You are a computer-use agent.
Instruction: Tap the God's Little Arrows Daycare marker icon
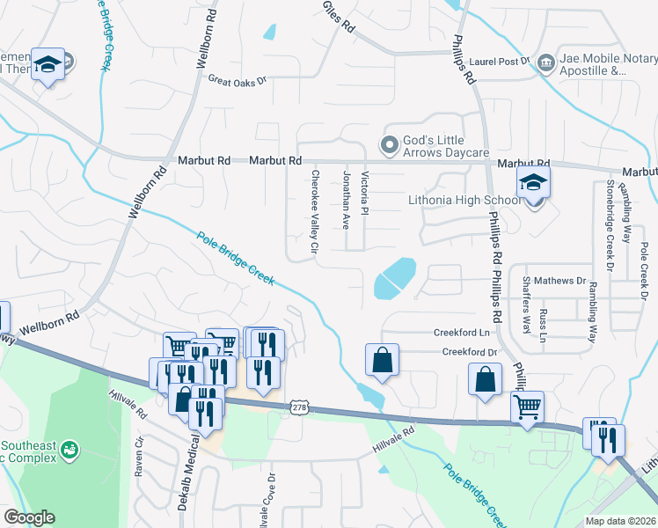click(388, 144)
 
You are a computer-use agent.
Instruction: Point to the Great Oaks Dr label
click(237, 79)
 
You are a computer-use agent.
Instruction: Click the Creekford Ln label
click(461, 333)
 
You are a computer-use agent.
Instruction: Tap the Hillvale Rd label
click(396, 434)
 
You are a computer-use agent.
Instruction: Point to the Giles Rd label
click(339, 16)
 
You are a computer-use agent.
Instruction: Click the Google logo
click(29, 517)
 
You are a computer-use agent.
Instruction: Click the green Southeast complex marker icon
click(69, 451)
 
